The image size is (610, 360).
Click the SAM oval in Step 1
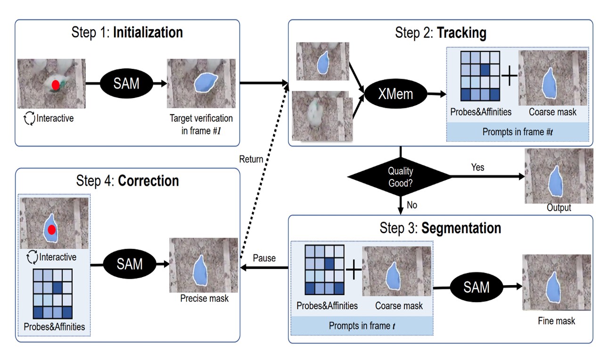(x=126, y=83)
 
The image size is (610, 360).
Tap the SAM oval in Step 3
(x=476, y=287)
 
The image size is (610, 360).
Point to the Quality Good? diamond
(x=400, y=177)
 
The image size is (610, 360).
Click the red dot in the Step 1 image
(x=56, y=85)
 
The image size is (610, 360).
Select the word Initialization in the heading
(x=148, y=33)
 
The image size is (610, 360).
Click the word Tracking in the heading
(x=462, y=33)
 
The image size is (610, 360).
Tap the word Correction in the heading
(x=149, y=181)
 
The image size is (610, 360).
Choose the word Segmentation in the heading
(x=461, y=228)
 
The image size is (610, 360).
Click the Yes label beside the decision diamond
(x=478, y=167)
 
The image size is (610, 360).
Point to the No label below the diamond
(x=412, y=205)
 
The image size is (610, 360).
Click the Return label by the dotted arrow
(x=251, y=159)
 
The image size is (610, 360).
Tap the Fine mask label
(x=556, y=321)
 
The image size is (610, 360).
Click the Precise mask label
(x=204, y=298)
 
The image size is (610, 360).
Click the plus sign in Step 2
(x=509, y=76)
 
